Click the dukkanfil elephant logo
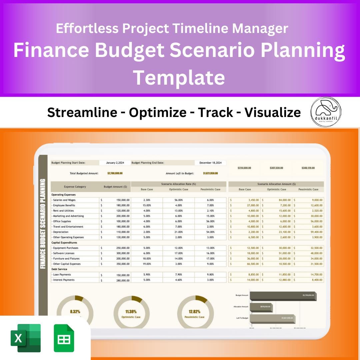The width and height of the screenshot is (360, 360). tap(326, 112)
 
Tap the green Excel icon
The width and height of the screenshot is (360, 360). tap(26, 338)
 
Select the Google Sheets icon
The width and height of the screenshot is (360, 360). tap(64, 338)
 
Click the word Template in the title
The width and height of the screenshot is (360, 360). tap(179, 77)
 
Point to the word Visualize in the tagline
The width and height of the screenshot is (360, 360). tap(273, 113)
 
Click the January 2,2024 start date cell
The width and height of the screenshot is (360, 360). tap(115, 163)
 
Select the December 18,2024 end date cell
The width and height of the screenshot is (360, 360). tap(210, 163)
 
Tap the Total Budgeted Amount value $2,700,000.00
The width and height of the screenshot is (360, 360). tap(115, 173)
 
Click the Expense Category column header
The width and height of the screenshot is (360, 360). tap(75, 187)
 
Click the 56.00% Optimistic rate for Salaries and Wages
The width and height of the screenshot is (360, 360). tap(178, 200)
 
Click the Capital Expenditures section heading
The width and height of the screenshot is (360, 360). tap(64, 243)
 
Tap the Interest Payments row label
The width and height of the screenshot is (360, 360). tap(64, 280)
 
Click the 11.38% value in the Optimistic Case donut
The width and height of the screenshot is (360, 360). tap(131, 312)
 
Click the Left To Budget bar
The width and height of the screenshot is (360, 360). tap(272, 318)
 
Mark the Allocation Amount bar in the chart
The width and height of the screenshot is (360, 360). tap(261, 307)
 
